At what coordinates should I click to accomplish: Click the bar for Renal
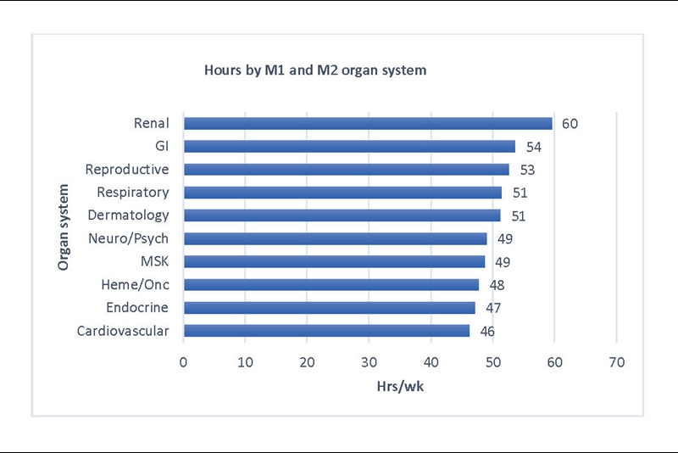tap(368, 124)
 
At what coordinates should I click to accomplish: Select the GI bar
tap(349, 147)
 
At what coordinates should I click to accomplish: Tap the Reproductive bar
tap(346, 170)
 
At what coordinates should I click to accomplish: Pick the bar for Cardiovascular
tap(326, 331)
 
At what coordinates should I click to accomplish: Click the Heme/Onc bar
tap(331, 285)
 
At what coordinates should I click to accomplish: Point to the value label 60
tap(570, 124)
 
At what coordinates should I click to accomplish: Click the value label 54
tap(533, 147)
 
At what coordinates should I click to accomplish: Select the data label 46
tap(486, 331)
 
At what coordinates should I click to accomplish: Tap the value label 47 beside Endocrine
tap(492, 308)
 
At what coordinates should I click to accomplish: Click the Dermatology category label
tap(130, 215)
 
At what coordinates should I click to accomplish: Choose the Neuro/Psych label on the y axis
tap(129, 238)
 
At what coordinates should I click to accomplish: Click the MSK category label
tap(154, 261)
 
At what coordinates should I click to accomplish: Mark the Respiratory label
tap(132, 193)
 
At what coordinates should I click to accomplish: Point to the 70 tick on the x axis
tap(616, 362)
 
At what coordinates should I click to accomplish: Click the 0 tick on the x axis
tap(184, 362)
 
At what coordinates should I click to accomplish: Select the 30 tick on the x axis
tap(369, 362)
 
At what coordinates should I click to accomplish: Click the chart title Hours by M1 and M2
tap(315, 70)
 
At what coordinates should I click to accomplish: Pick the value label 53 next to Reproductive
tap(527, 170)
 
